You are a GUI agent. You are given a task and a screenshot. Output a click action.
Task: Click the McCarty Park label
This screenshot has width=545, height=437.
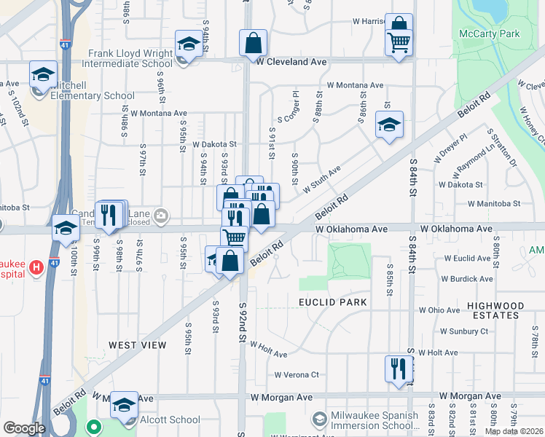coord(489,34)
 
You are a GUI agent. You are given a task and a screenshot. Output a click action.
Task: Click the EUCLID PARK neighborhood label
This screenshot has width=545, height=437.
coord(331,302)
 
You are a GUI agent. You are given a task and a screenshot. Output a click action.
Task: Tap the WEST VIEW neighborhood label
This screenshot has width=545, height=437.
coord(138,345)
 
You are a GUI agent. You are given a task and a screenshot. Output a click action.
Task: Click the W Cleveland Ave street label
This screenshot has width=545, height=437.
coord(291,62)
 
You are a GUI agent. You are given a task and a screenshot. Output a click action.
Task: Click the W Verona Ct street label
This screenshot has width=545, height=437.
coord(297,375)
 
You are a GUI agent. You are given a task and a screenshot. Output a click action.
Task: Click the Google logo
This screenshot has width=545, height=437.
coord(24,428)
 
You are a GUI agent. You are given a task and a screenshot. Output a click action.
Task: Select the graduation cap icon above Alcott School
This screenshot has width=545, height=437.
coord(124,405)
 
